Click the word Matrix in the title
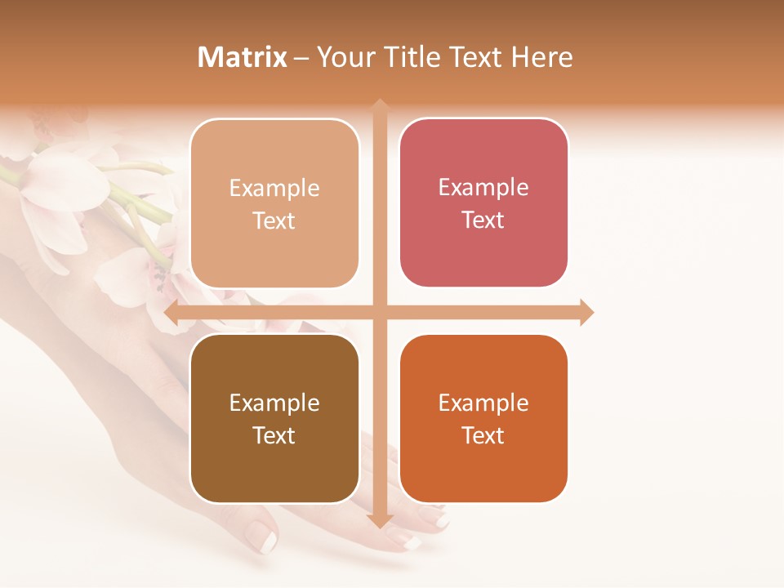click(243, 57)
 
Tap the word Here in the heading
click(541, 57)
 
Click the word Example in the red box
click(483, 188)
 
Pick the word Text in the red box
click(483, 220)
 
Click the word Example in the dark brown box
click(274, 403)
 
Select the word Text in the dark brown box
click(274, 436)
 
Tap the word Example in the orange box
click(483, 403)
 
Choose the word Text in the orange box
click(483, 436)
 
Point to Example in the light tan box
click(274, 189)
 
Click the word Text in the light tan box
click(274, 221)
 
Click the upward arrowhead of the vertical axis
click(380, 107)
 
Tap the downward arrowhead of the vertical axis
click(380, 519)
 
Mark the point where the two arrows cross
click(380, 312)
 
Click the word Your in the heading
click(343, 57)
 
